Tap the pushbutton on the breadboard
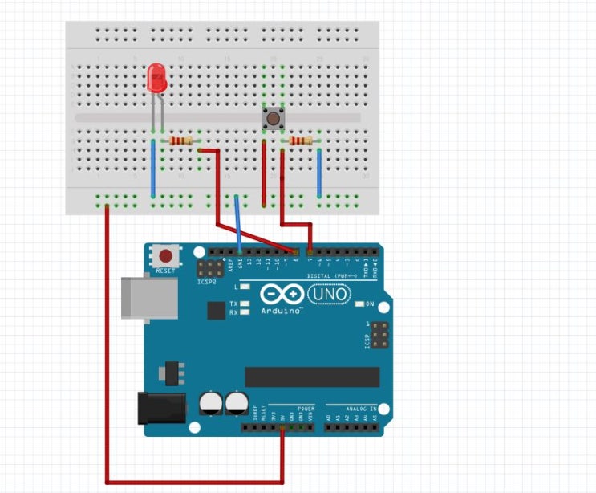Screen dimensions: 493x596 [x=274, y=120]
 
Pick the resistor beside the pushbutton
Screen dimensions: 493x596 [x=301, y=142]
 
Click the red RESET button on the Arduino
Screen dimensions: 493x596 [x=165, y=256]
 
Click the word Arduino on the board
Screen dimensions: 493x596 [x=280, y=310]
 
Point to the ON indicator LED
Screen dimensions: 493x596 [x=359, y=304]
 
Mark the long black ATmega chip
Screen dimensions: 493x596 [x=312, y=377]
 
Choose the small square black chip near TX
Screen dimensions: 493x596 [x=216, y=310]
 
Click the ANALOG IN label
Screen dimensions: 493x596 [x=363, y=409]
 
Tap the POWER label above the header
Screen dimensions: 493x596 [x=306, y=409]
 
